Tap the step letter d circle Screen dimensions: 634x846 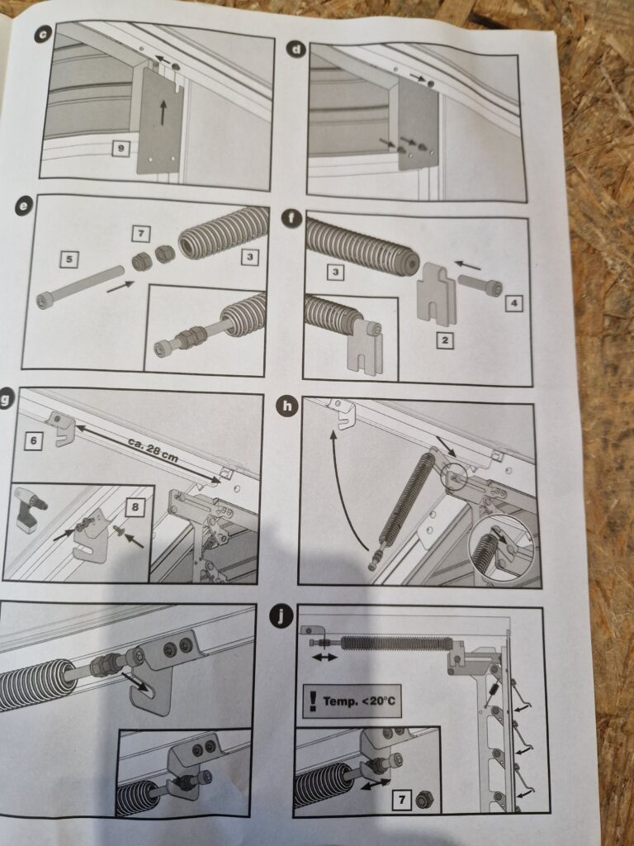point(296,50)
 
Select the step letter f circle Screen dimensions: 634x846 point(291,218)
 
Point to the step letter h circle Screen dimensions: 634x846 point(286,406)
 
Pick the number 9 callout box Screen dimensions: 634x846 point(121,149)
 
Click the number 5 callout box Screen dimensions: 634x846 point(69,259)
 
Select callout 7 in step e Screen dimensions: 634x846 point(140,234)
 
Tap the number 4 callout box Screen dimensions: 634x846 point(513,303)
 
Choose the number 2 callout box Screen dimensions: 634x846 point(445,340)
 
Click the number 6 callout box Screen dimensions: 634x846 point(33,441)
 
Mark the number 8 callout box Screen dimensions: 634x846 point(135,506)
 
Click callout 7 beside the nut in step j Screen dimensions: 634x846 point(401,800)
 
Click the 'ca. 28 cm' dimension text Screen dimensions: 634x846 point(153,450)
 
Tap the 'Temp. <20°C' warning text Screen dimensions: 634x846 point(359,701)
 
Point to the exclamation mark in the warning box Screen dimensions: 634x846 point(313,701)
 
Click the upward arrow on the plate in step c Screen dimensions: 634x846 point(163,112)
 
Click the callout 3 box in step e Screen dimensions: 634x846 point(249,257)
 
